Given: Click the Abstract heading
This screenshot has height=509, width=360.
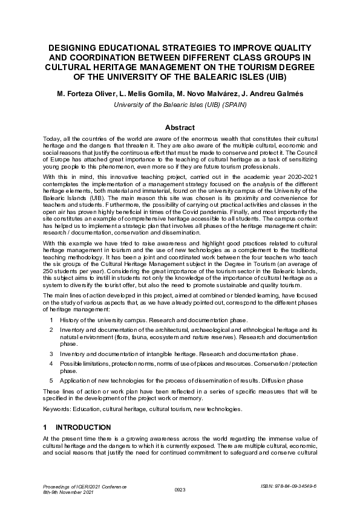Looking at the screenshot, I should click(180, 128).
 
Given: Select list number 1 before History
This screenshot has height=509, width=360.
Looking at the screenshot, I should click(52, 320).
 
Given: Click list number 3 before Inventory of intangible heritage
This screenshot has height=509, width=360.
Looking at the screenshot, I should click(52, 353).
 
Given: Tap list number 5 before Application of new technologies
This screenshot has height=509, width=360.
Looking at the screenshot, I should click(52, 380).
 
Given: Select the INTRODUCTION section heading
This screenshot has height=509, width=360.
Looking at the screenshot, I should click(83, 427).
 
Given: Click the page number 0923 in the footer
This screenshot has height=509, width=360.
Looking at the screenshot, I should click(180, 490).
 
